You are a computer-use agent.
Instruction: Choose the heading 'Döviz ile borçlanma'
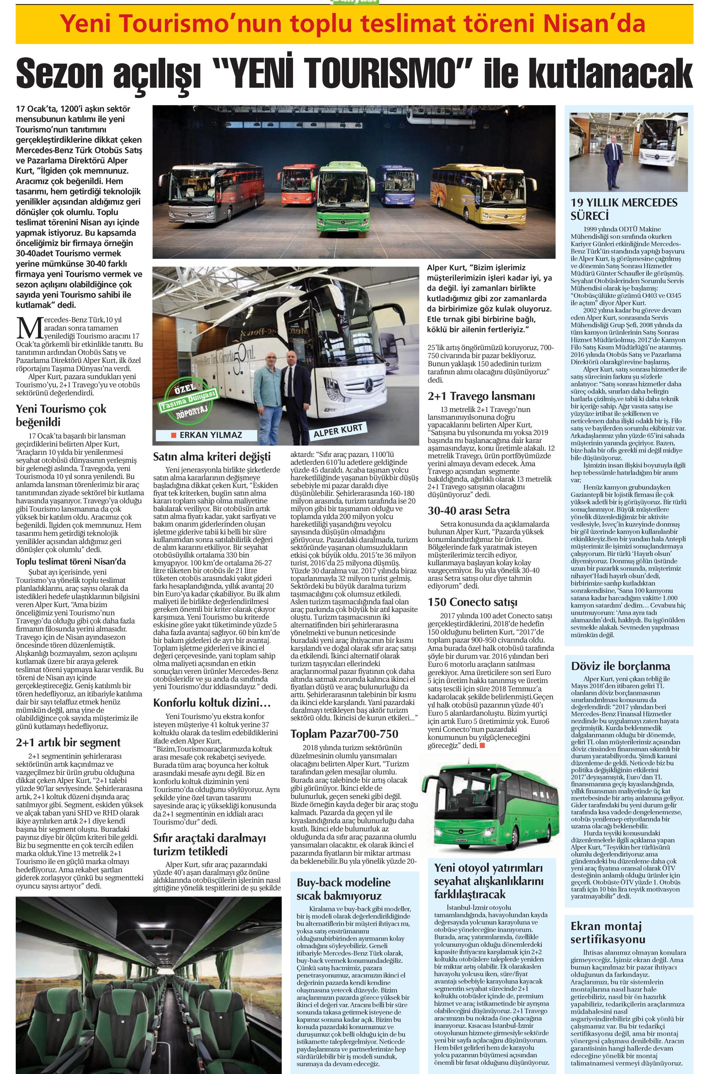tap(620, 666)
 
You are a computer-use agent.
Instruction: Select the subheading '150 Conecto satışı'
tap(472, 602)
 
